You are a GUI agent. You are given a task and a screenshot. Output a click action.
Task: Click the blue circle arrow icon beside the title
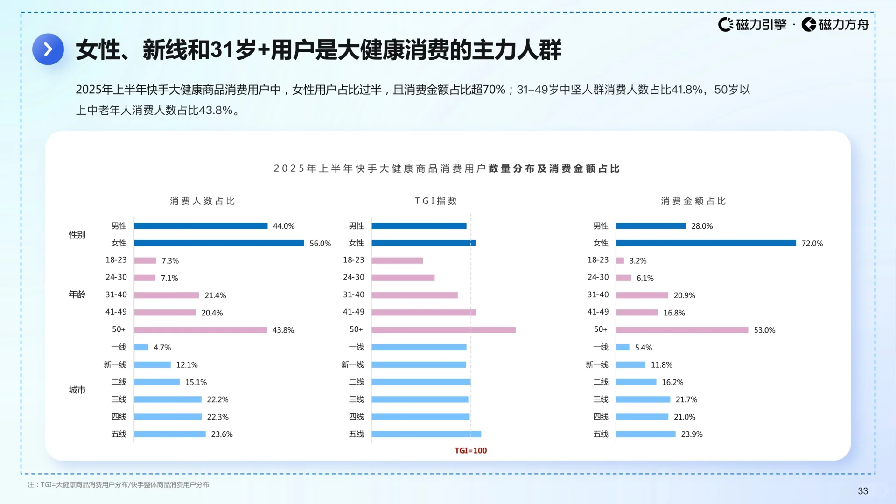click(x=48, y=49)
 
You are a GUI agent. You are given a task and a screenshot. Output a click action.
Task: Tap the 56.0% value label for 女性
click(x=320, y=244)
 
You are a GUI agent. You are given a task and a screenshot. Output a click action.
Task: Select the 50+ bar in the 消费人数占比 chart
click(x=200, y=330)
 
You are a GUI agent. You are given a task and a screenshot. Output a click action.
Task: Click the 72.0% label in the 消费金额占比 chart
click(x=812, y=244)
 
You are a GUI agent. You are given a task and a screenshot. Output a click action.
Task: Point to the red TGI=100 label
click(x=470, y=451)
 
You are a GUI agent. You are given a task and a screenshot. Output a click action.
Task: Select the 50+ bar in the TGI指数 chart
click(x=443, y=330)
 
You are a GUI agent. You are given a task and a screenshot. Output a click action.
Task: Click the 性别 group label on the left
click(x=77, y=235)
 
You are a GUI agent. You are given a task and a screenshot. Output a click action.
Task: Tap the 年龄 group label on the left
click(x=77, y=294)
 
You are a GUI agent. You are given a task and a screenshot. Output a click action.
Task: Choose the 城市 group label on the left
click(x=77, y=390)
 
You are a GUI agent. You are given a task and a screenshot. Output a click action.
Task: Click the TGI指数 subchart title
click(x=436, y=201)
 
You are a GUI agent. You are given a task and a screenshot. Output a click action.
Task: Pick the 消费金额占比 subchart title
click(x=693, y=201)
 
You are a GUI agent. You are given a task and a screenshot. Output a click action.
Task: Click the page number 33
click(x=862, y=491)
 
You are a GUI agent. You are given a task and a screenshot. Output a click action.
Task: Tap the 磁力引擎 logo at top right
click(x=752, y=24)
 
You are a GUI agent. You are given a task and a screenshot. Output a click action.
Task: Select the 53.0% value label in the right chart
click(x=764, y=330)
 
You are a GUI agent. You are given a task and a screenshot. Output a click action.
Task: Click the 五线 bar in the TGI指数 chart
click(x=426, y=434)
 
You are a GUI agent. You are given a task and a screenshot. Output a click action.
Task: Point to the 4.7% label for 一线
click(x=162, y=348)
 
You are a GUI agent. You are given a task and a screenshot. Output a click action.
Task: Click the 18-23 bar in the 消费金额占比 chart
click(x=620, y=260)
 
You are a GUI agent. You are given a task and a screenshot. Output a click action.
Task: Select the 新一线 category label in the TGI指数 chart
click(x=352, y=364)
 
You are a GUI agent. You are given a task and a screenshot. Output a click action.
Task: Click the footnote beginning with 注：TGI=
click(x=118, y=485)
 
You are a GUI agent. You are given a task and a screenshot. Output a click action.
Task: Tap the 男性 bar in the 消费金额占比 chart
click(x=651, y=226)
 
